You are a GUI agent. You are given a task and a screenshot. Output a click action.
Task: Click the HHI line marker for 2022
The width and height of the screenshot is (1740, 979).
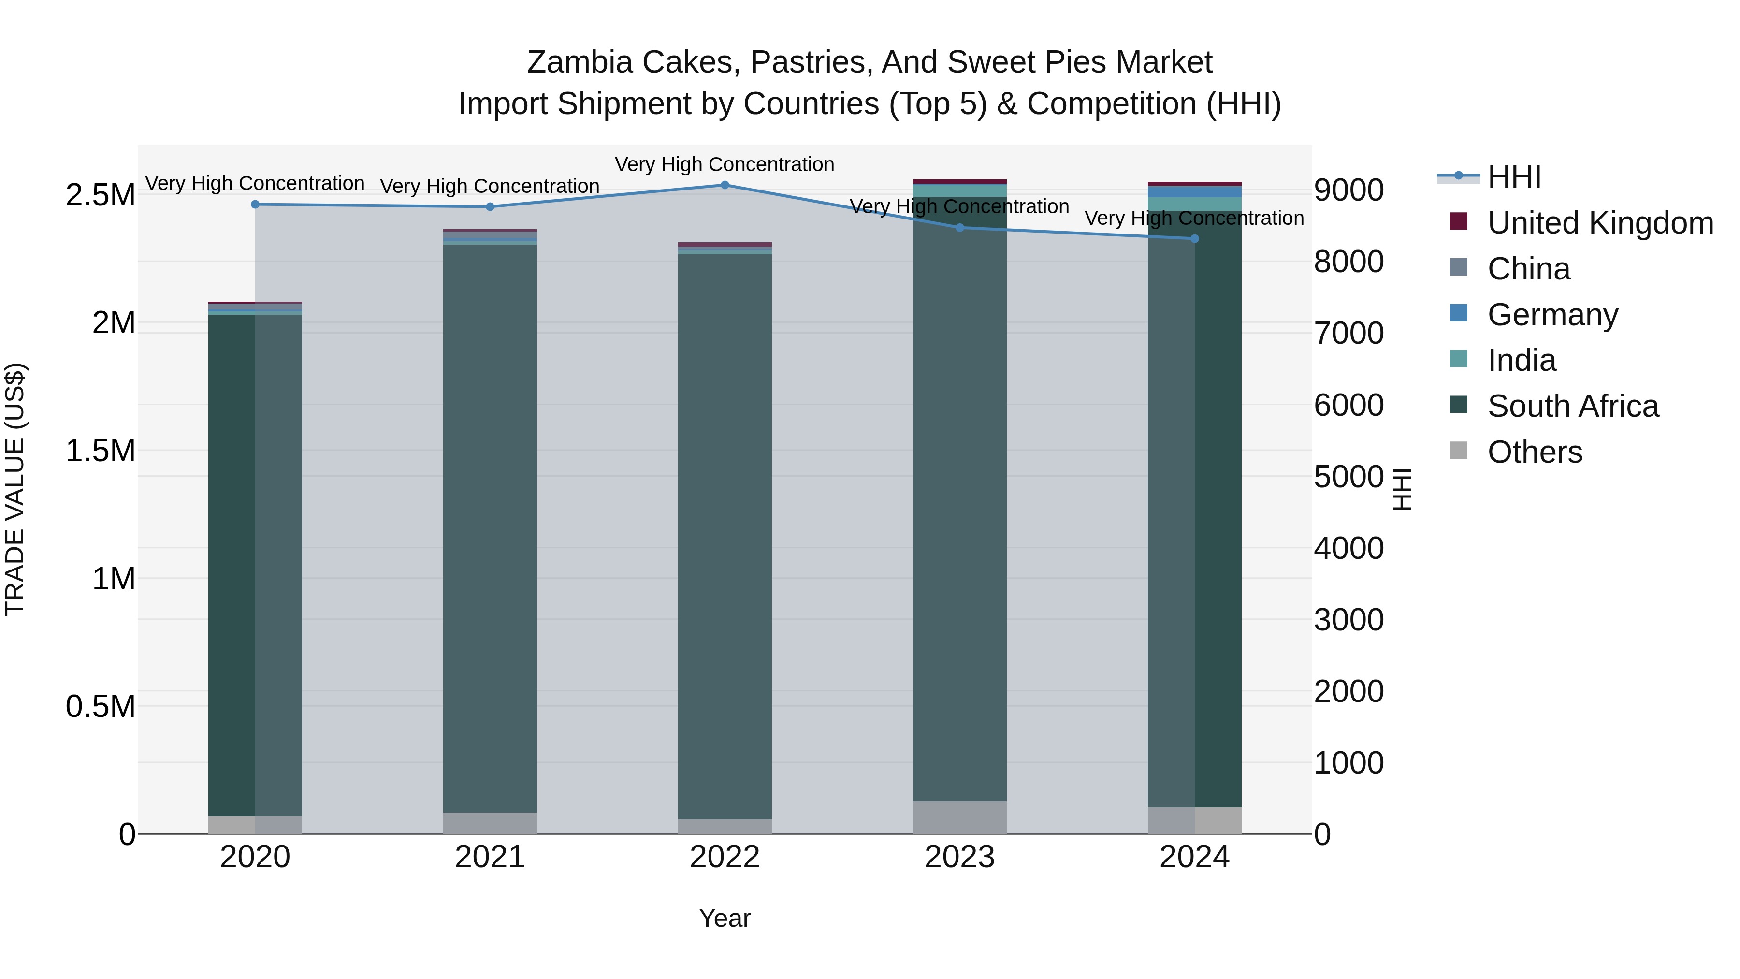(725, 185)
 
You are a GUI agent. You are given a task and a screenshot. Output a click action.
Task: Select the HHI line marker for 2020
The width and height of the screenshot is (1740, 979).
(255, 205)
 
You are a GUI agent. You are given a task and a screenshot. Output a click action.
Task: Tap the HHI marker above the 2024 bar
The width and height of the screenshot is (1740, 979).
(1194, 238)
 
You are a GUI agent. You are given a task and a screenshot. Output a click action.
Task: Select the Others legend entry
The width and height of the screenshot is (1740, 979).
(1535, 452)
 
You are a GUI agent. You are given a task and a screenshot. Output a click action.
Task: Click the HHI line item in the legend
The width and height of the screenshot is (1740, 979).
(1514, 177)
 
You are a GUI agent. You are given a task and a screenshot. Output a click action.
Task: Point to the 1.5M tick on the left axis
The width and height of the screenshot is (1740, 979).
(101, 451)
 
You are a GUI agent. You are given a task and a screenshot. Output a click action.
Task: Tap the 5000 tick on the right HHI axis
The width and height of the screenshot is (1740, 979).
(1348, 477)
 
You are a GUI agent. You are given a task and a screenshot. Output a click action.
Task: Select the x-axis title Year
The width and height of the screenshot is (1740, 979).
(725, 918)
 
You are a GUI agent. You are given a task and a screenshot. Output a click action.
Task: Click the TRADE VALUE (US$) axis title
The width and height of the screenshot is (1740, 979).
(15, 489)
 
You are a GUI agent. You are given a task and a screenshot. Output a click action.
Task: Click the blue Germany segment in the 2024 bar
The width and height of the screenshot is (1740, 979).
(1194, 192)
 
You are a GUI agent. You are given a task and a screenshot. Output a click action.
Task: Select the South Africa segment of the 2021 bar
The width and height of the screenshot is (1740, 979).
(490, 527)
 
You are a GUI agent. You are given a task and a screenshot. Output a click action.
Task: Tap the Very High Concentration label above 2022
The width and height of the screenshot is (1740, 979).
(725, 165)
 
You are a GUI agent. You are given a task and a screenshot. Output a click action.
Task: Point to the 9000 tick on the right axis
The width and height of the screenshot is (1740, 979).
(1348, 190)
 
